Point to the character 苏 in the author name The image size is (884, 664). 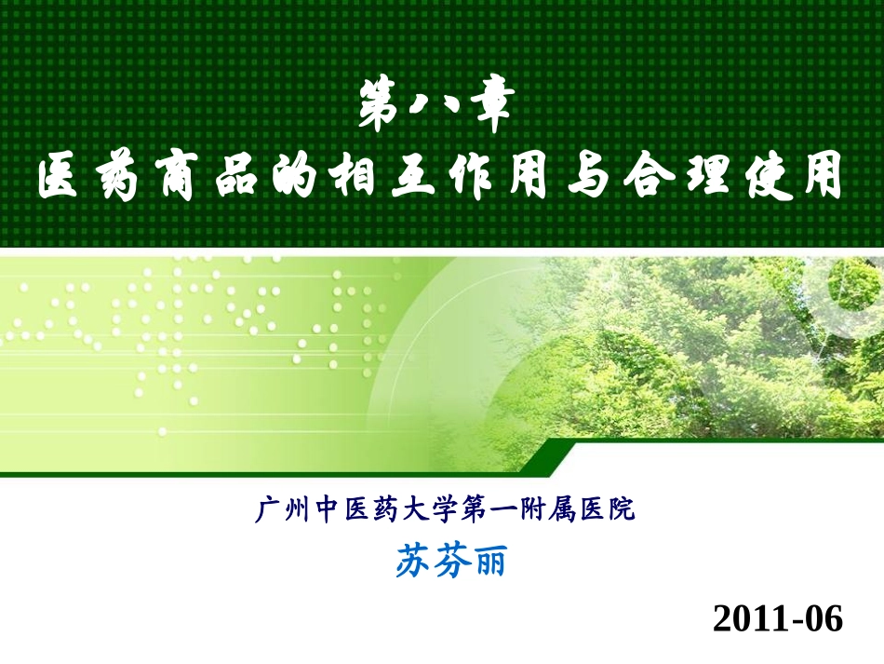tap(411, 561)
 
